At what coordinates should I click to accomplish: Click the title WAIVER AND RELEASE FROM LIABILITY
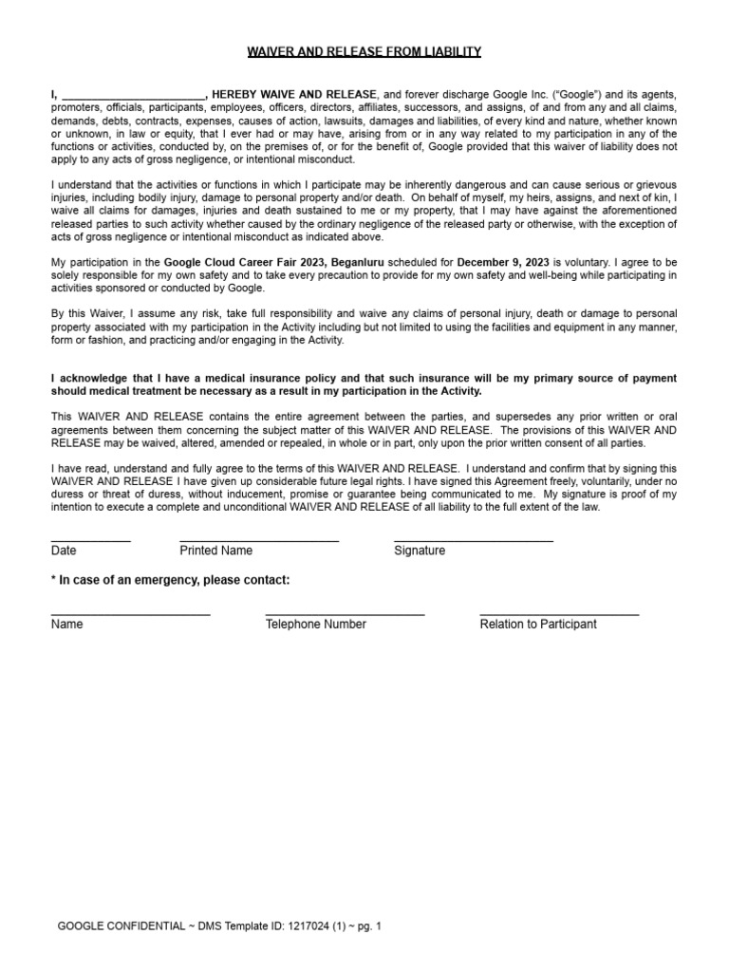364,51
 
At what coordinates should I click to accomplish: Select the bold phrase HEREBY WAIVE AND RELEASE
294,95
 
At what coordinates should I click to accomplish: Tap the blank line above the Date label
91,541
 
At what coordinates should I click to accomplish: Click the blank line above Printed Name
259,541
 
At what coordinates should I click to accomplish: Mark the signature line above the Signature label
474,541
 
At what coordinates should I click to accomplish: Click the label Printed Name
216,551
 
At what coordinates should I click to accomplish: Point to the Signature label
420,551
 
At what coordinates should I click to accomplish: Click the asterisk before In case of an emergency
53,580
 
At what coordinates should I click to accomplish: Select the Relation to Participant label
538,625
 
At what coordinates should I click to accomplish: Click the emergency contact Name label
67,625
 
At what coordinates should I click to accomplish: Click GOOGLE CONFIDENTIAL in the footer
121,925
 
